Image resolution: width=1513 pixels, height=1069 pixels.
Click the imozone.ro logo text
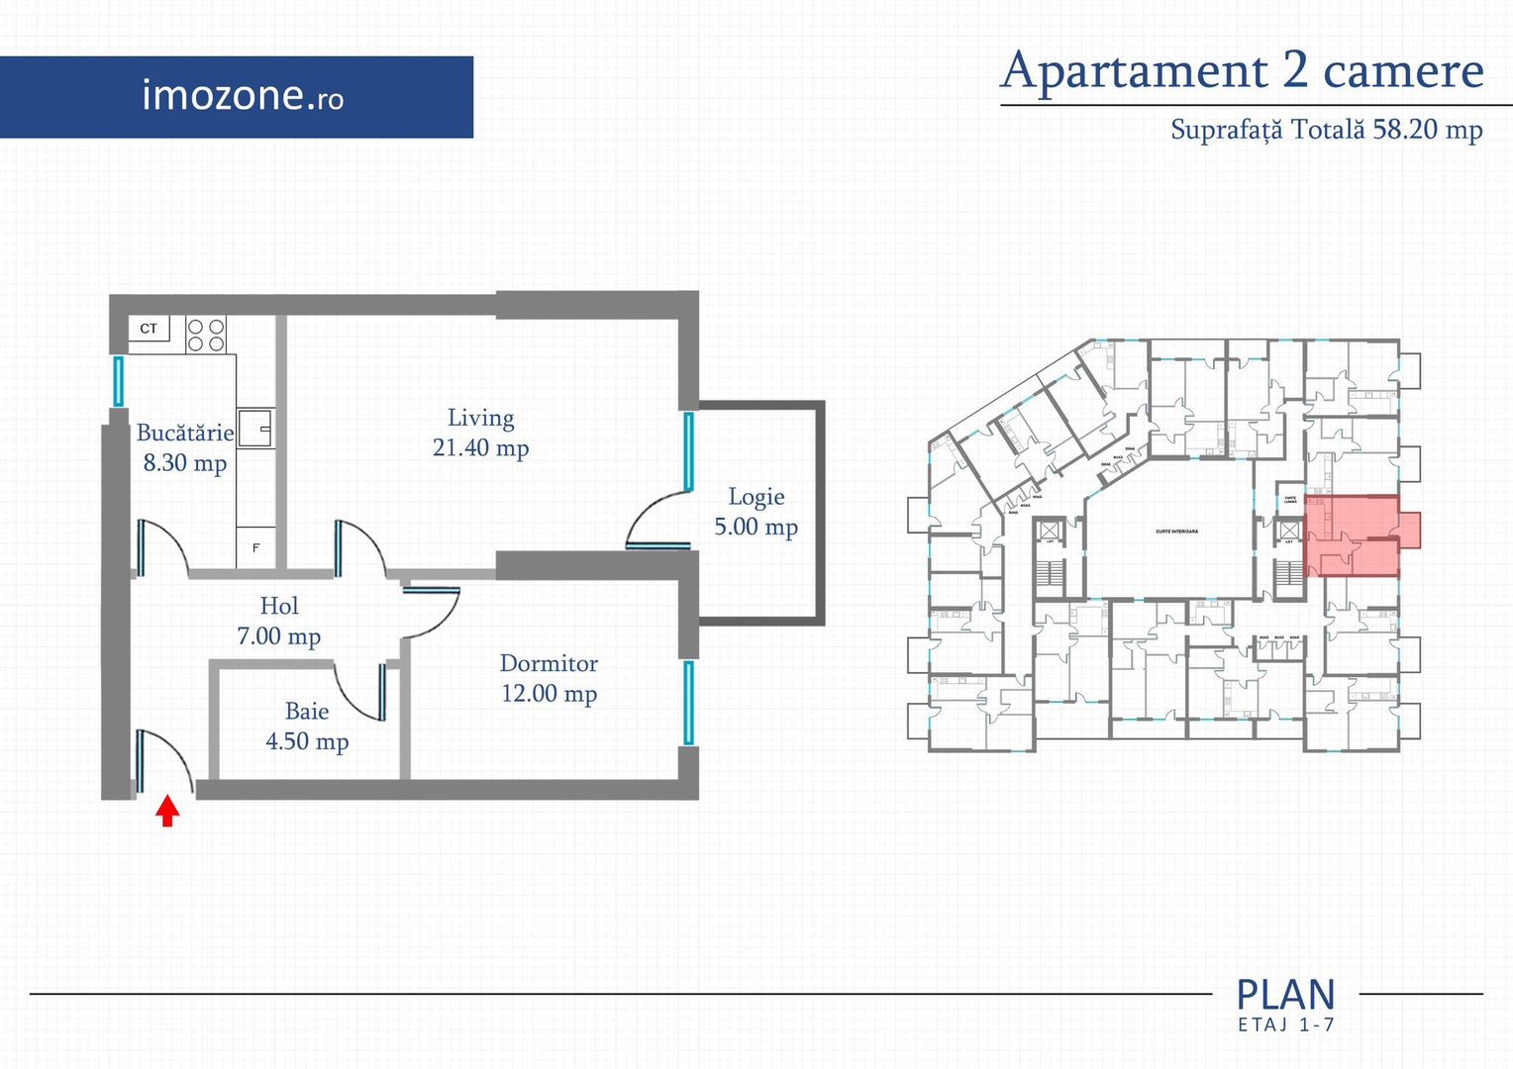[243, 96]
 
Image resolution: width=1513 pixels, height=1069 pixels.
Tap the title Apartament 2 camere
[1242, 71]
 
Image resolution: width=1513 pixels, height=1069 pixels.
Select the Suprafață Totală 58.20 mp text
[1326, 130]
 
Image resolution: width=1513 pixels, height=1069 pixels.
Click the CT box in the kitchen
[149, 329]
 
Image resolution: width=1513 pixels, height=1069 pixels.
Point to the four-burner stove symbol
[206, 335]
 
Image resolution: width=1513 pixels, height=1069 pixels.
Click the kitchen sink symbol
[255, 428]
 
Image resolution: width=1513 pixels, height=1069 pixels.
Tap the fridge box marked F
[255, 547]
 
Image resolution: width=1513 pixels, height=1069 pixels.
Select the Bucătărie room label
[185, 433]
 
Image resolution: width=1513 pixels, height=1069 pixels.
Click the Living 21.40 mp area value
[480, 448]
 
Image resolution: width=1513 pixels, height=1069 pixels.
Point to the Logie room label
[756, 497]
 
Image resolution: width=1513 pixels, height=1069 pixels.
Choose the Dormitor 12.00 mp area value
[549, 694]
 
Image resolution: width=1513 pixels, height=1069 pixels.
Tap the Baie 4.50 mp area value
[307, 741]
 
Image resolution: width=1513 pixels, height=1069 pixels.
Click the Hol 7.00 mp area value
[278, 636]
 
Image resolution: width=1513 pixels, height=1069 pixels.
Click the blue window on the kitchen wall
[118, 381]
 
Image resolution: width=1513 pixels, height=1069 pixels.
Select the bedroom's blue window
[688, 703]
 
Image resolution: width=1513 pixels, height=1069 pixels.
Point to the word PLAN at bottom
[1285, 995]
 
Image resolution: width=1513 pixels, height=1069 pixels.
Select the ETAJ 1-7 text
[1285, 1025]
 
